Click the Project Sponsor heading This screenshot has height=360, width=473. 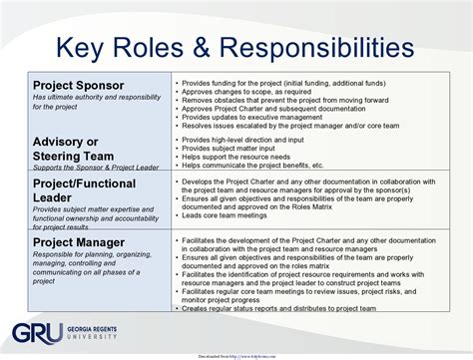click(78, 86)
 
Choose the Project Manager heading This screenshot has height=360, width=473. click(79, 242)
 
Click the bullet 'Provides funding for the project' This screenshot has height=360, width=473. click(289, 81)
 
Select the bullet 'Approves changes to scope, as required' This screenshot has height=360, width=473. click(248, 90)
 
